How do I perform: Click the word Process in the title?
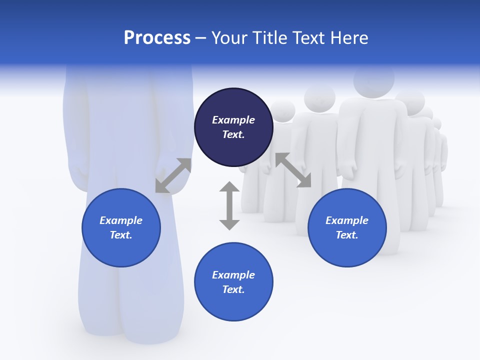tap(157, 38)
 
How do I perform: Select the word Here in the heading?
tap(348, 38)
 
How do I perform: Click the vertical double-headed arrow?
tap(229, 205)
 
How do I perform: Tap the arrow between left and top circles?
tap(173, 175)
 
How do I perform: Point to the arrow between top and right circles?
tap(293, 170)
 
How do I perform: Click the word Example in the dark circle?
tap(233, 120)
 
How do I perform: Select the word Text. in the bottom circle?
tap(233, 289)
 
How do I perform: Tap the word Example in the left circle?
tap(121, 220)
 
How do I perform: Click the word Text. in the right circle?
tap(347, 235)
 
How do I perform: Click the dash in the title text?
tap(200, 38)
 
